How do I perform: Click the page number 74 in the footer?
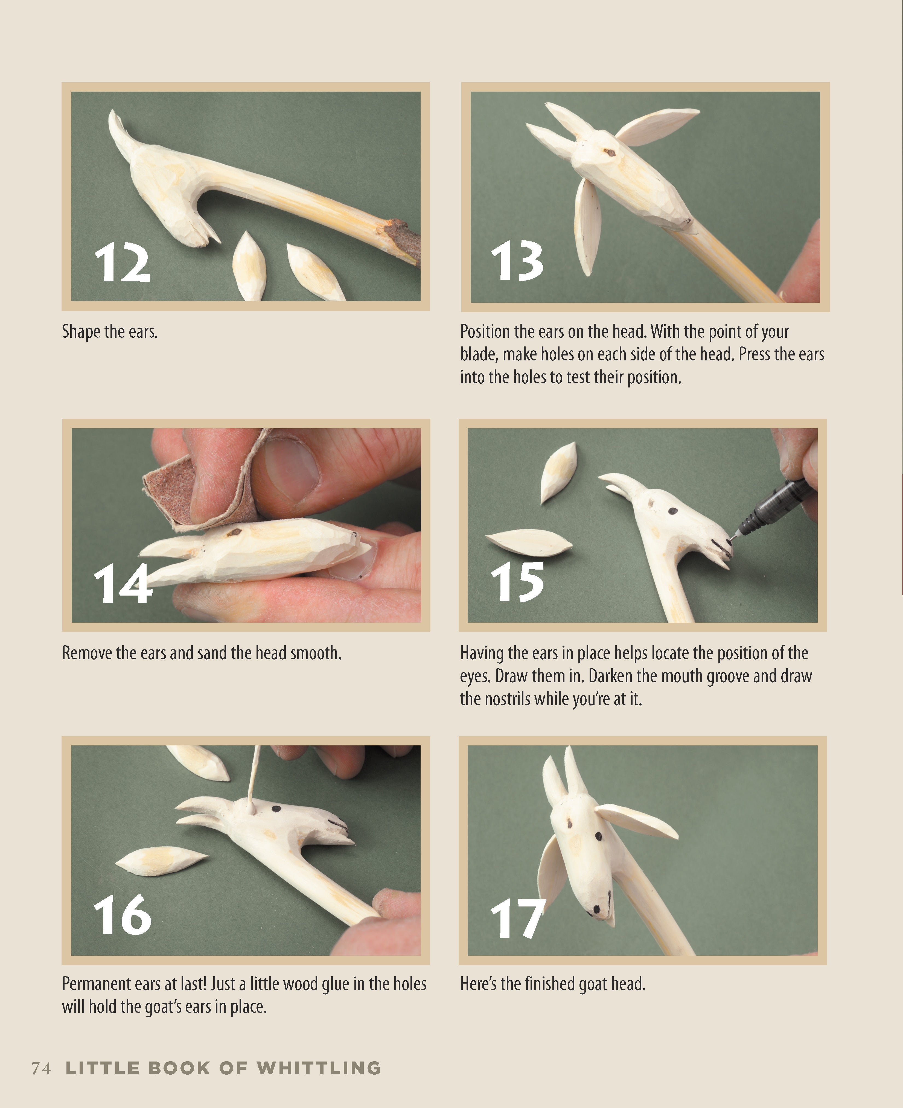pyautogui.click(x=41, y=1068)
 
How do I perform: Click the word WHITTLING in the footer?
pyautogui.click(x=319, y=1068)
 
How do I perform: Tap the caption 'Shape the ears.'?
pyautogui.click(x=110, y=331)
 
